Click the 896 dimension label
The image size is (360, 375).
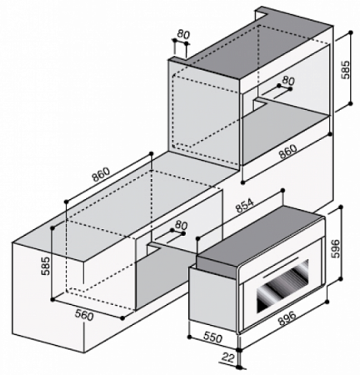pos(287,318)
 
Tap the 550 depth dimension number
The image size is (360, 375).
pos(212,337)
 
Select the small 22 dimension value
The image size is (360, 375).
pos(228,357)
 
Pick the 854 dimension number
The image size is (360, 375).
pos(245,206)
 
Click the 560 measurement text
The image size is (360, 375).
pos(84,315)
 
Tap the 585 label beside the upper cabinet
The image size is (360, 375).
pos(346,69)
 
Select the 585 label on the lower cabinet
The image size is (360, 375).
pos(46,266)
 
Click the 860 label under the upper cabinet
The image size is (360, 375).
pos(288,152)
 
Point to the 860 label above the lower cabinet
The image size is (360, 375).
pos(101,174)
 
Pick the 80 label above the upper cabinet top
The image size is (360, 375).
pos(183,34)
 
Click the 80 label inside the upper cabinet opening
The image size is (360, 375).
pos(288,81)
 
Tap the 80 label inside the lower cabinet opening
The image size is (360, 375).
pos(182,225)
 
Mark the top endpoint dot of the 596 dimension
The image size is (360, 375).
pos(342,207)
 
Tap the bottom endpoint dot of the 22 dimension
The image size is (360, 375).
pos(238,367)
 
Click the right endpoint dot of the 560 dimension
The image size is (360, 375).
pos(122,318)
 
